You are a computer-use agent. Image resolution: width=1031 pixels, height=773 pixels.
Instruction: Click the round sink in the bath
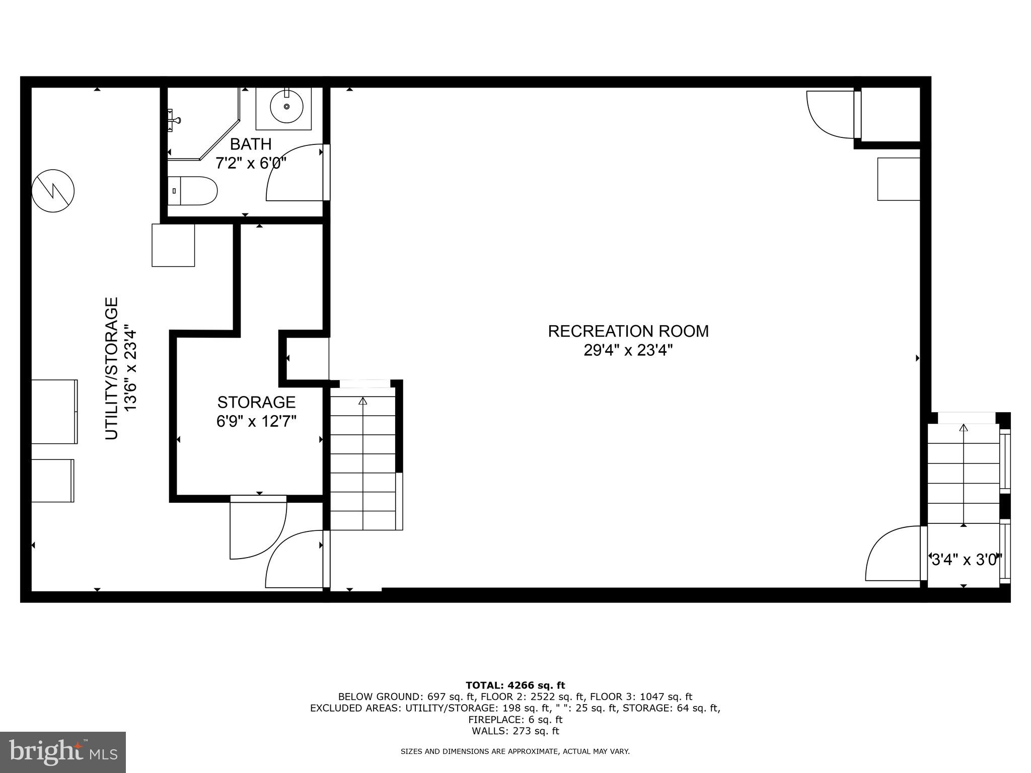pos(286,107)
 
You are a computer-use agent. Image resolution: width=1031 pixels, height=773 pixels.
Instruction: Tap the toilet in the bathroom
pos(192,191)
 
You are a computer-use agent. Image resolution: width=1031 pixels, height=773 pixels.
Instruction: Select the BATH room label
pos(251,144)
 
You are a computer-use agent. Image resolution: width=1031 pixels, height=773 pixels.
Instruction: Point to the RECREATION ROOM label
pos(628,331)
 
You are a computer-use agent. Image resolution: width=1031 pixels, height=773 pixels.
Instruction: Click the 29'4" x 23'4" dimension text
pos(628,350)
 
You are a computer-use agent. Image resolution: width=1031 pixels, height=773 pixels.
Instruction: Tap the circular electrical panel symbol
pos(53,191)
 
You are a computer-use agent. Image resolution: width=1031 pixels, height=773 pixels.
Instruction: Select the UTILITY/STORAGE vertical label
pos(111,368)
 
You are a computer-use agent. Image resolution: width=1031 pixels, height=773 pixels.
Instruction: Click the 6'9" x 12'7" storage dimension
pos(256,421)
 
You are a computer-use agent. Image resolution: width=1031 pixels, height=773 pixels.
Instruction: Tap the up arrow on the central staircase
pos(362,402)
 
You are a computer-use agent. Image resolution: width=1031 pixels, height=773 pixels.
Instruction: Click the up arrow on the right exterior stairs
pos(964,428)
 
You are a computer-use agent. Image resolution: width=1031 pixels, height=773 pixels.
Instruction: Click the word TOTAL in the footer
pos(484,685)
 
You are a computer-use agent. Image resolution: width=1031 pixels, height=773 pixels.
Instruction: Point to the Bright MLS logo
pos(63,752)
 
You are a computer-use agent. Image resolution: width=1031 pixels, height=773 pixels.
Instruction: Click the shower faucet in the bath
pos(174,118)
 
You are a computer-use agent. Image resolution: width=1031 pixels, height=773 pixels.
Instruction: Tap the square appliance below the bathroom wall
pos(173,245)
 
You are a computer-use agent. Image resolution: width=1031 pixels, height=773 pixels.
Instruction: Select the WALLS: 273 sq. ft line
pos(515,731)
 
